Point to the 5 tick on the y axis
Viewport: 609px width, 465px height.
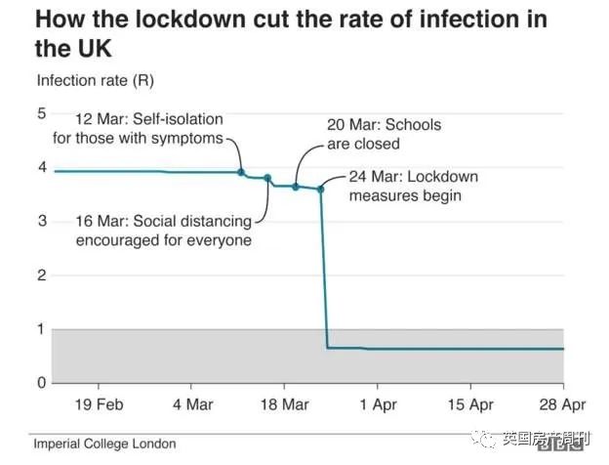(41, 113)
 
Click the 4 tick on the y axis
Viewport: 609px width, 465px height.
(41, 167)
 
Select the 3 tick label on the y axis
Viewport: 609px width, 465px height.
(41, 221)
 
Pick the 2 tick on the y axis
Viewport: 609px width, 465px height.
(41, 275)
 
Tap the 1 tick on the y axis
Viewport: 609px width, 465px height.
(41, 329)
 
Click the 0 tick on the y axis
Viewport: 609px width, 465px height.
(41, 383)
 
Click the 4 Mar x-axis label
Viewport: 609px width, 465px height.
(193, 404)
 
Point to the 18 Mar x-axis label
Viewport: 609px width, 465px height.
(283, 404)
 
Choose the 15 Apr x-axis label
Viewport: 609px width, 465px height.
(468, 404)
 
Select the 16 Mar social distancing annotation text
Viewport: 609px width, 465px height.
(163, 231)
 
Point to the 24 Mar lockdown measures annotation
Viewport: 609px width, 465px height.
(413, 186)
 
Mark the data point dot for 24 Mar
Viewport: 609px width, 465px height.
(320, 189)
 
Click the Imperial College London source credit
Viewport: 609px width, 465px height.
(104, 444)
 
